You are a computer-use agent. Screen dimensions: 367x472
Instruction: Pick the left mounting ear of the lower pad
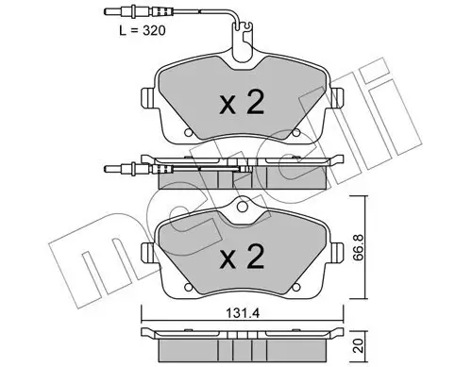145,251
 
